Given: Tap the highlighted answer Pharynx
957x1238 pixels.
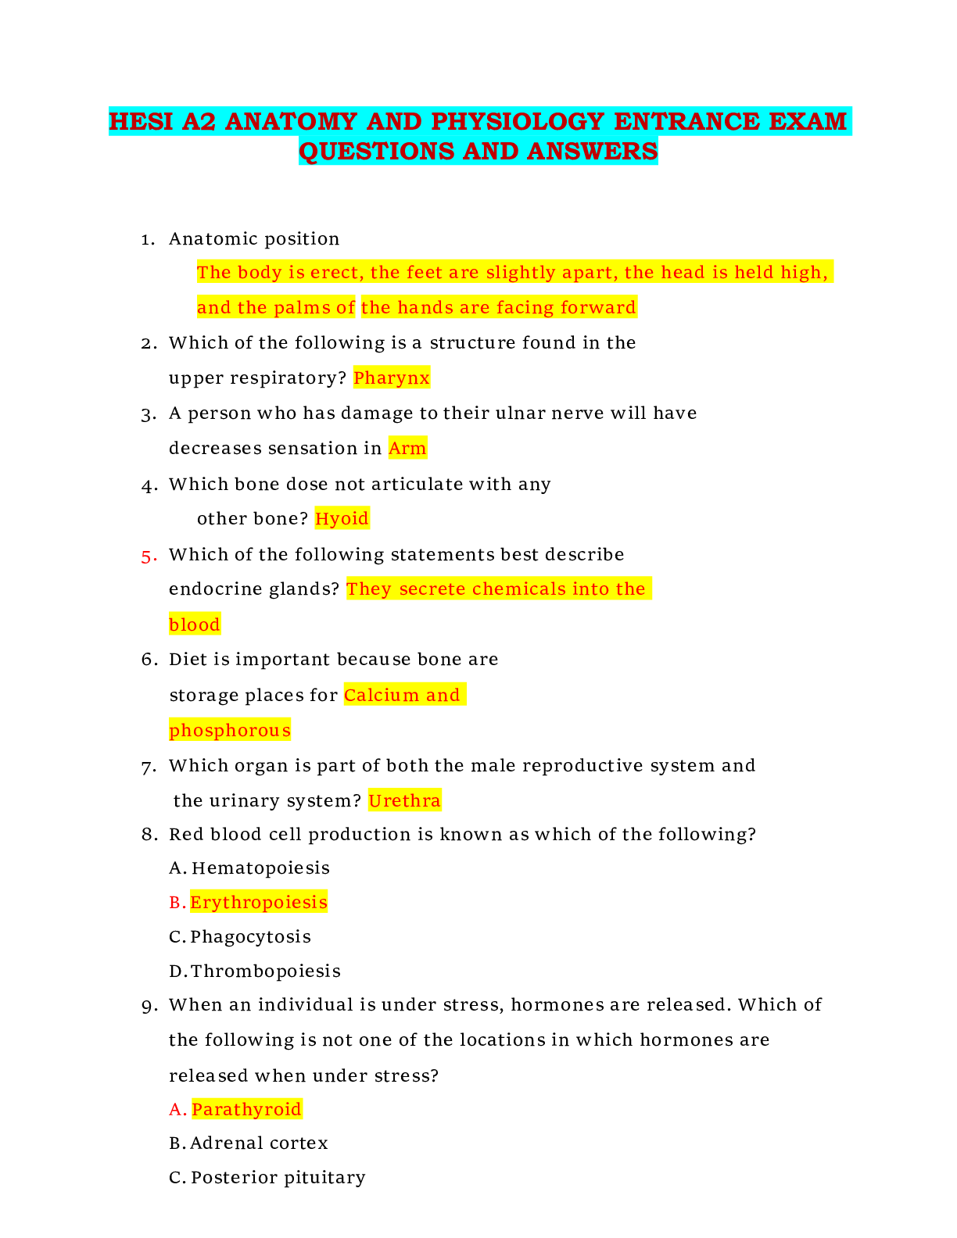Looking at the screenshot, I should (391, 378).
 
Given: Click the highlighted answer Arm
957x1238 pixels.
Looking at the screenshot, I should (407, 449).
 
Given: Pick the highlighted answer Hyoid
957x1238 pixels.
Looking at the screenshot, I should (342, 519).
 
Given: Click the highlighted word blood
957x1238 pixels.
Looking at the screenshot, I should (195, 625).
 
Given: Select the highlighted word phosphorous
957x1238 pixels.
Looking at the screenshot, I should (230, 731).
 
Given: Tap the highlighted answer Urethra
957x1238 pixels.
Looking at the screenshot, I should (404, 801).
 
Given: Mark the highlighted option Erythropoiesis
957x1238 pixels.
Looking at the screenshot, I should (259, 903).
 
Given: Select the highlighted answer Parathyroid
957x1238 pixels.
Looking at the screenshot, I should (246, 1110).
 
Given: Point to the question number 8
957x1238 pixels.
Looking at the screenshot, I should (149, 835).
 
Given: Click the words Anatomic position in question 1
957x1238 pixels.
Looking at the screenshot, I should (254, 239).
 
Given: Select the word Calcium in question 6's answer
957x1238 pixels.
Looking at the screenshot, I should (382, 696).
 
